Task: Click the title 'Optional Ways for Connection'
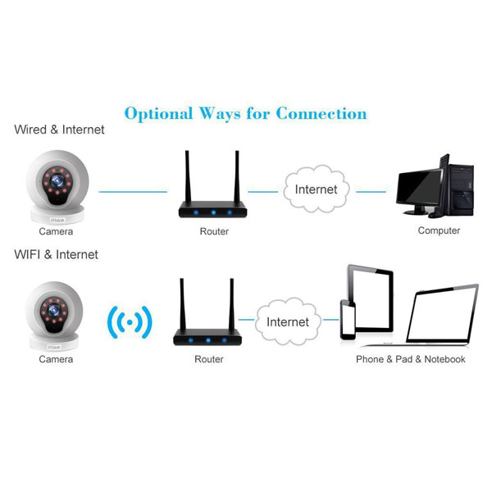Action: (246, 114)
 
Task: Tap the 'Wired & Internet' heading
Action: (59, 130)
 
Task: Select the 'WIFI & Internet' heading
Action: (56, 254)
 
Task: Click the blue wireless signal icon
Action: (130, 322)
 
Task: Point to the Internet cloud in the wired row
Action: (317, 189)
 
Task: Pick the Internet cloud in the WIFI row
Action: (288, 321)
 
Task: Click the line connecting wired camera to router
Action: (133, 191)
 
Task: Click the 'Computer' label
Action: (439, 230)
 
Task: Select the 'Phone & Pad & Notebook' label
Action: (411, 359)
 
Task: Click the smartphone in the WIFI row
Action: (348, 320)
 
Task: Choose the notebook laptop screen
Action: (442, 315)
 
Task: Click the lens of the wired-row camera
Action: (57, 180)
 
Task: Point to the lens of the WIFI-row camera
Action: (54, 310)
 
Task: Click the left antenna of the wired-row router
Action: (188, 176)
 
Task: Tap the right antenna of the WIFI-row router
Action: (231, 304)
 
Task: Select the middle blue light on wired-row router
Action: (213, 212)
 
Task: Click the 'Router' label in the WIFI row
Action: (209, 359)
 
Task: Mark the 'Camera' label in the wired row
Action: (56, 231)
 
